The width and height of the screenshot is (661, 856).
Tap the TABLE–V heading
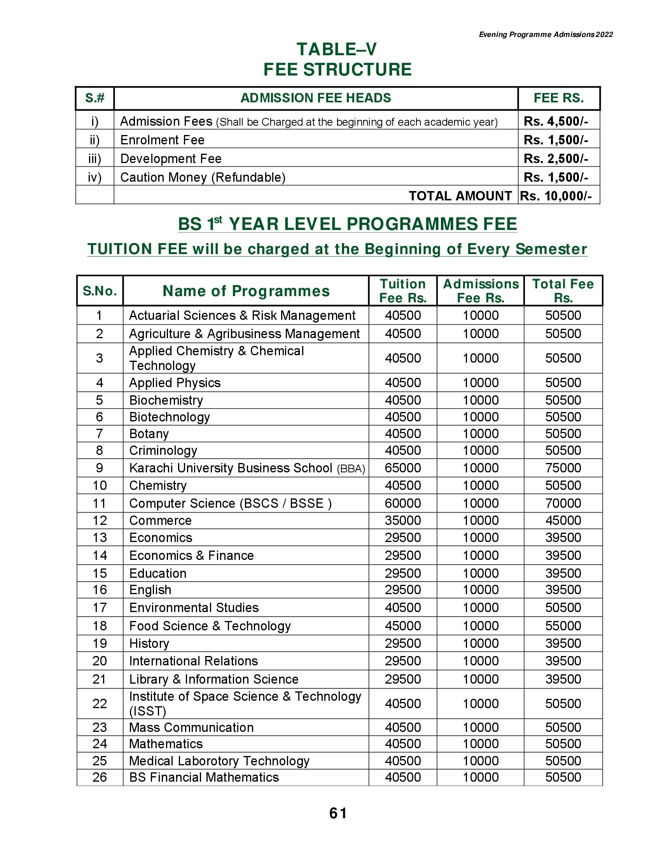[x=337, y=49]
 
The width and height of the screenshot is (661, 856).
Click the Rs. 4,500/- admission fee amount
[x=556, y=121]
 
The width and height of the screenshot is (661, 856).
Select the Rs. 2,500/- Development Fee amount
[x=556, y=159]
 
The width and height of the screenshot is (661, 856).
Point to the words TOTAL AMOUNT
[x=460, y=196]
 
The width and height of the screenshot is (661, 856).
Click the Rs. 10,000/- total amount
[x=556, y=196]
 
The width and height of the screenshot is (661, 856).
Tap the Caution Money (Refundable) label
[x=203, y=177]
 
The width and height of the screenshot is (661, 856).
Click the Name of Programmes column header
[x=246, y=291]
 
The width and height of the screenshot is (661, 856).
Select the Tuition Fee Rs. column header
[x=402, y=291]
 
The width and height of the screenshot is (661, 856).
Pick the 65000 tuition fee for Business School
[x=402, y=468]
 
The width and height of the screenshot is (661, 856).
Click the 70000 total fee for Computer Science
[x=563, y=503]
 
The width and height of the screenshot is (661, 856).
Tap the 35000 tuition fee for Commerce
[x=402, y=521]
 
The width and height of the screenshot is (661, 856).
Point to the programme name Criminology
[x=163, y=451]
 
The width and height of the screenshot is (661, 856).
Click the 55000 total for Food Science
[x=563, y=626]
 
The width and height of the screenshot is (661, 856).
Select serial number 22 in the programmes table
[x=100, y=703]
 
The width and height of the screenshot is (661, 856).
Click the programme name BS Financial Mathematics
[x=204, y=777]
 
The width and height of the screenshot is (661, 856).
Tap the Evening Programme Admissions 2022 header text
[x=546, y=35]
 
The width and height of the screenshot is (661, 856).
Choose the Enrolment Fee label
[x=162, y=140]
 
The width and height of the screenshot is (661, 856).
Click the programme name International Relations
[x=194, y=661]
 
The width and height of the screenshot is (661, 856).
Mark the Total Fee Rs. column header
[x=563, y=291]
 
